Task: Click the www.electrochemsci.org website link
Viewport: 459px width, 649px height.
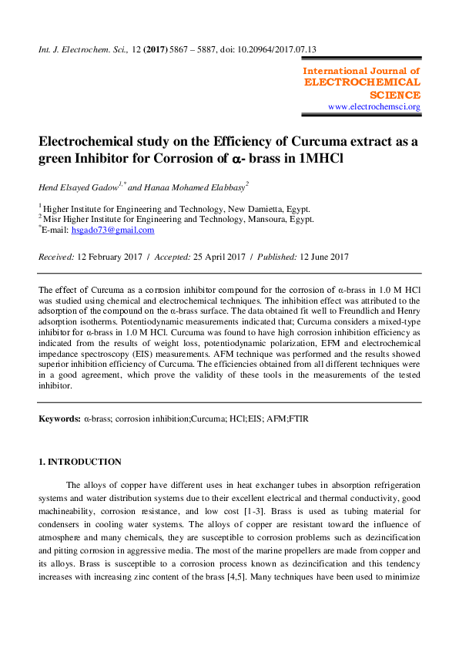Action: click(x=374, y=106)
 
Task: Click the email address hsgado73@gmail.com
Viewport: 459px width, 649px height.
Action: click(x=112, y=230)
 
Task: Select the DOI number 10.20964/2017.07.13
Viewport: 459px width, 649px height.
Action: click(x=273, y=50)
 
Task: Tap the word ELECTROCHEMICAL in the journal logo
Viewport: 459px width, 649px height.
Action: click(x=363, y=82)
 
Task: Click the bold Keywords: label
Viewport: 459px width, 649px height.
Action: click(x=59, y=418)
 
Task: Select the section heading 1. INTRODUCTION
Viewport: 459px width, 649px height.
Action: click(x=80, y=462)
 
